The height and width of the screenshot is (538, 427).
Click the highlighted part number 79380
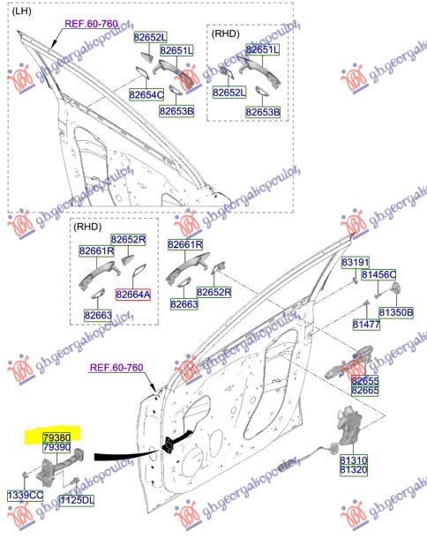(x=56, y=437)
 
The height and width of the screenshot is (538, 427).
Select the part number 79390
(x=56, y=447)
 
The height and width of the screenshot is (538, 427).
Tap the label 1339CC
(x=26, y=495)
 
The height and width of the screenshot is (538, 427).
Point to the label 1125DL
(x=77, y=500)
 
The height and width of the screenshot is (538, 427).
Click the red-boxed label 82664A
(x=133, y=295)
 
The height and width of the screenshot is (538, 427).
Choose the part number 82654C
(x=146, y=94)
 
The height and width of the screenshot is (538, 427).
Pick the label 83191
(x=356, y=263)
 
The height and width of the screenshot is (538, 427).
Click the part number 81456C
(x=378, y=275)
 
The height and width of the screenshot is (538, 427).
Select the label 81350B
(x=396, y=312)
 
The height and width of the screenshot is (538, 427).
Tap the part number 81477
(x=367, y=325)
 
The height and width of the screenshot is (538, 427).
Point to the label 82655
(x=365, y=380)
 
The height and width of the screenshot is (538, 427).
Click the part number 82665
(x=365, y=391)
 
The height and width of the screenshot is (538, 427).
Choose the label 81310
(x=354, y=460)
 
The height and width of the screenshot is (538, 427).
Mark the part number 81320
(x=354, y=470)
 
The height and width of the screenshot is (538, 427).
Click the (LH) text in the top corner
(x=22, y=11)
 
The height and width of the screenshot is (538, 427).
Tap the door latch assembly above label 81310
(x=348, y=425)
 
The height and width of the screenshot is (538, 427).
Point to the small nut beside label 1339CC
(x=25, y=475)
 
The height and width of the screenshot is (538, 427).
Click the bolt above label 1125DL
(x=76, y=481)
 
